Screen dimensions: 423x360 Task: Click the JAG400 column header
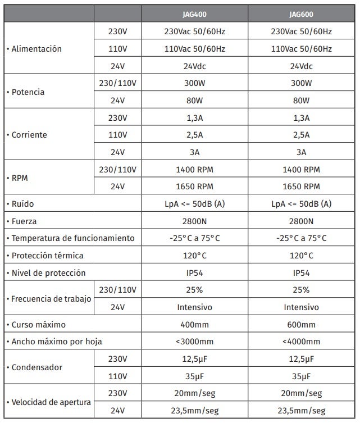(195, 14)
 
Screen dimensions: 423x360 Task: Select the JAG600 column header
(301, 14)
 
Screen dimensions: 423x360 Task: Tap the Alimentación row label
(34, 49)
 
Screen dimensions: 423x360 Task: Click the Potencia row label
(26, 92)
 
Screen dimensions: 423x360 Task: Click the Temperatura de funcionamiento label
(70, 238)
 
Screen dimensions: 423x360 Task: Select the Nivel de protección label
(47, 273)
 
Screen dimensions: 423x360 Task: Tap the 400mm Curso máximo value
(195, 325)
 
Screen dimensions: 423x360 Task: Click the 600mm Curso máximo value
(301, 325)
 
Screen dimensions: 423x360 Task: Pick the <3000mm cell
(195, 342)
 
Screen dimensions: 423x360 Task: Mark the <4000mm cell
(301, 342)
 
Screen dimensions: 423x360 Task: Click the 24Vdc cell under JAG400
(195, 66)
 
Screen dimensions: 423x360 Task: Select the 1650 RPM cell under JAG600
(301, 187)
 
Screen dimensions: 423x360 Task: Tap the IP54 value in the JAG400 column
(195, 273)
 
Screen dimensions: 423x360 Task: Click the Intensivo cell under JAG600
(301, 307)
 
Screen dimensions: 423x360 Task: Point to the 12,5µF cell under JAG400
(195, 359)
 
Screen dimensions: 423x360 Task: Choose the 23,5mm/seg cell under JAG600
(301, 411)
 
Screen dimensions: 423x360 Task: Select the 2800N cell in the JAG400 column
(195, 221)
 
